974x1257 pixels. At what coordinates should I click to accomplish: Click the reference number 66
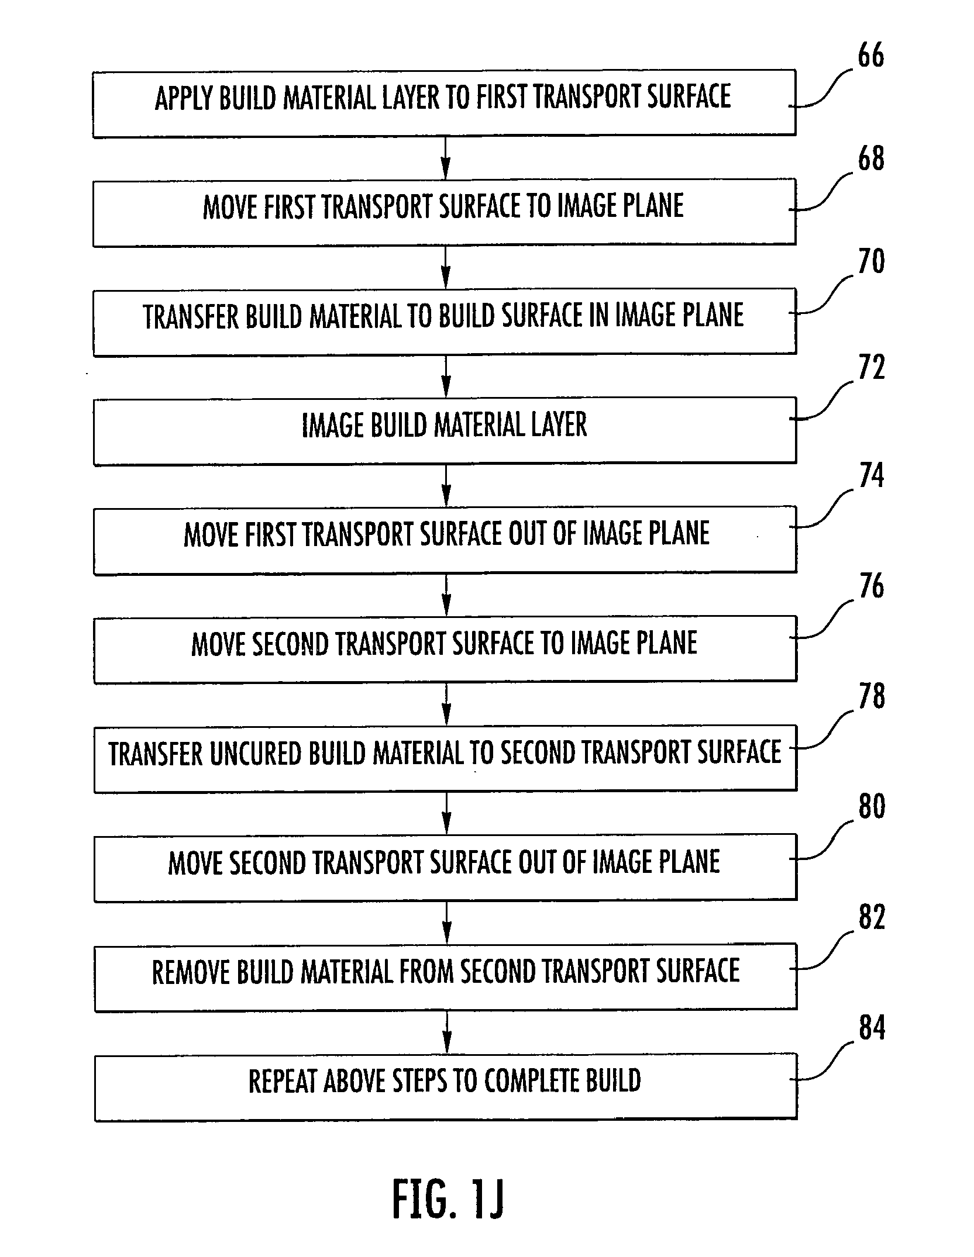870,56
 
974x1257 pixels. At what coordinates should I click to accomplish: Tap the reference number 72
871,368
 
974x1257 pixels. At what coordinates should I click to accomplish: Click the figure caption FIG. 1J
448,1198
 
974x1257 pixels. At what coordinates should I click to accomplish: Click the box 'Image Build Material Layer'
445,431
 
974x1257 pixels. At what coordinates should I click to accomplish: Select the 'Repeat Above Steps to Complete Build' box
446,1087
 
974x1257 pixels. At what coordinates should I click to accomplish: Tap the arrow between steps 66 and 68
446,157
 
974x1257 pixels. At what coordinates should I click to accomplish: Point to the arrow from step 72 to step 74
446,485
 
